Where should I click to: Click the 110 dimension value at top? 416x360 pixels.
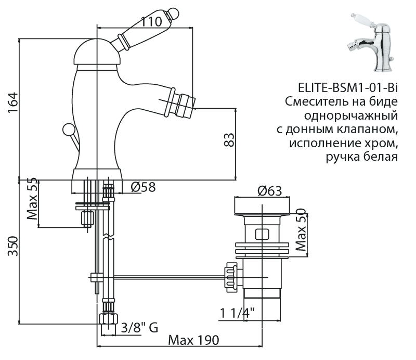tap(151, 22)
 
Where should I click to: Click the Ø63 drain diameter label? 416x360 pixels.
tap(269, 191)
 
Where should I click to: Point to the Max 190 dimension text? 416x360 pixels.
tap(193, 340)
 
